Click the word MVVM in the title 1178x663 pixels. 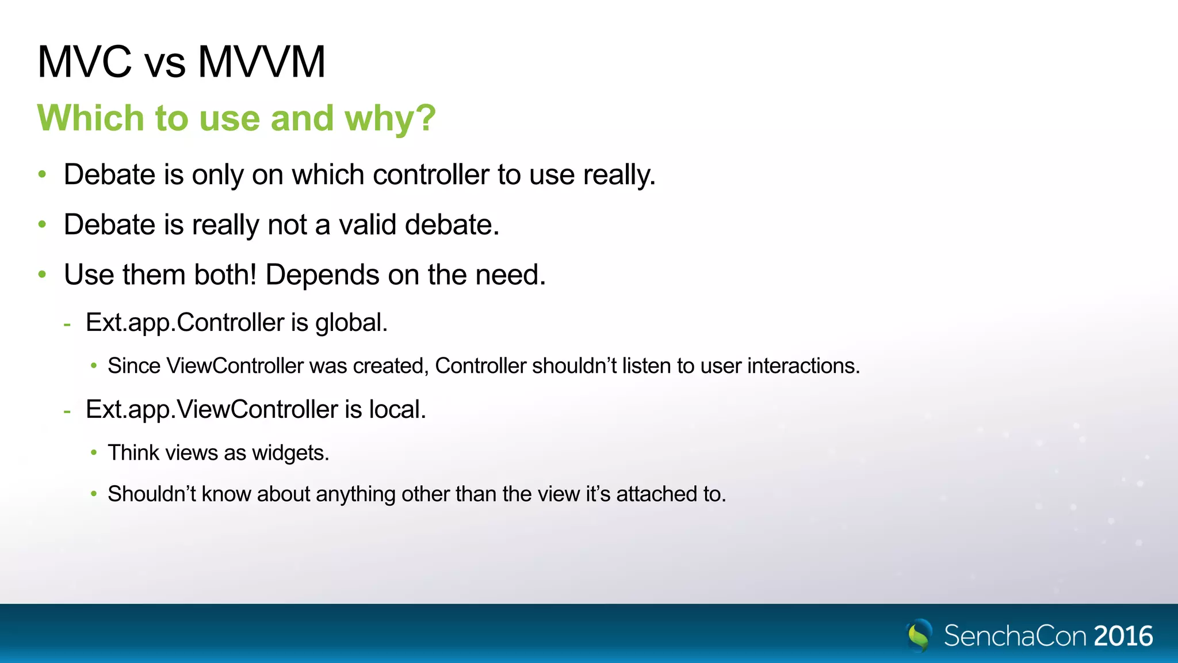(262, 62)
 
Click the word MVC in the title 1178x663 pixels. (85, 62)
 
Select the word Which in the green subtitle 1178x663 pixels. (91, 119)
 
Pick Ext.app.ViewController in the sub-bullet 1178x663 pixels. (212, 409)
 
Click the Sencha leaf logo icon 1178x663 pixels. (919, 635)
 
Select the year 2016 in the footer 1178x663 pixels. (1123, 636)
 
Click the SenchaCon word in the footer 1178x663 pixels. (1015, 636)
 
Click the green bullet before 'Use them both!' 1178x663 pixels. (42, 274)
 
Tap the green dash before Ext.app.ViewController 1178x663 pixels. (67, 411)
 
